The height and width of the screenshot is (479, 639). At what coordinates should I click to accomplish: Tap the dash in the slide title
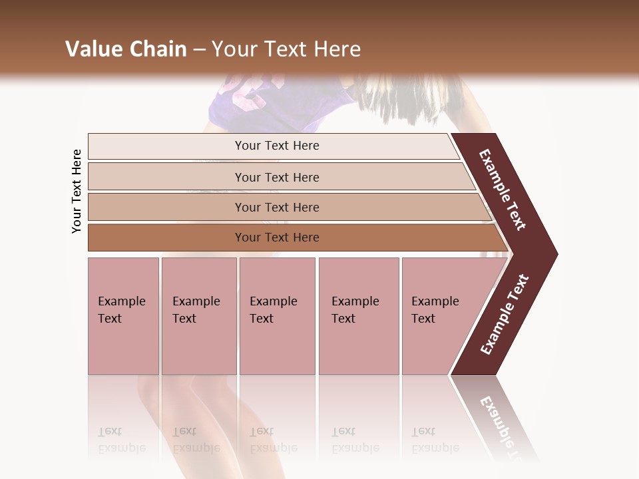click(199, 49)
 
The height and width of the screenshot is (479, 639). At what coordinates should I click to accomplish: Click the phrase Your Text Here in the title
click(286, 49)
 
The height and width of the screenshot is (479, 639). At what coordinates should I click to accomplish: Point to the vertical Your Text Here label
click(77, 192)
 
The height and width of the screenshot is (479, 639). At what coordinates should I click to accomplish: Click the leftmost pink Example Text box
click(123, 316)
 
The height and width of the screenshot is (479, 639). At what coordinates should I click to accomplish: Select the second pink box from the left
click(199, 316)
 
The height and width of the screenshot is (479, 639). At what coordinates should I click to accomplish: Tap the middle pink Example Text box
click(277, 316)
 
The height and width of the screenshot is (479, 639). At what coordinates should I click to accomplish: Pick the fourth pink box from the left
click(359, 316)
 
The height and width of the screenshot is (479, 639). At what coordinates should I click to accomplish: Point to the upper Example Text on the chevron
click(503, 190)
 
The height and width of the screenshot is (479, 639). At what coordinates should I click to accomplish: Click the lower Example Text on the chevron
click(505, 314)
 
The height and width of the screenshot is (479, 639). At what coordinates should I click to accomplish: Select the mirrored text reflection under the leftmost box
click(122, 440)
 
